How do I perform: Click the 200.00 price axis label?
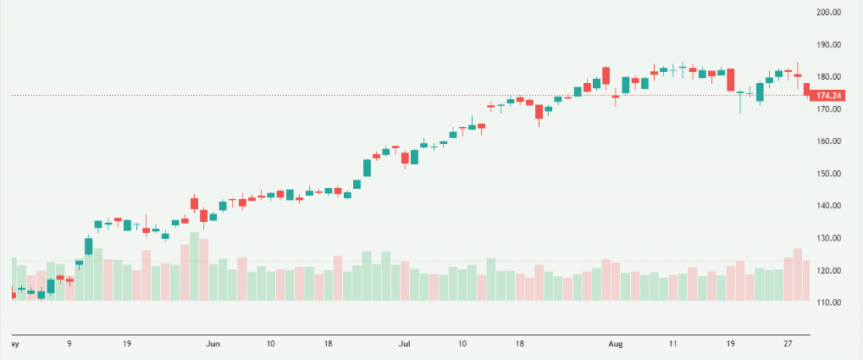(827, 13)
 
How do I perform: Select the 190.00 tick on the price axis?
(827, 45)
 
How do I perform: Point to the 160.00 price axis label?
(827, 141)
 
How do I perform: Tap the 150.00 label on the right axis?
(827, 174)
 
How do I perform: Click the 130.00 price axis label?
(827, 238)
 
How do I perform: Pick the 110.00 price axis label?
(827, 302)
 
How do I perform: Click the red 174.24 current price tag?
(827, 97)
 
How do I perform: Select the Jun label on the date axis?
(213, 344)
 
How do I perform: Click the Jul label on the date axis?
(405, 344)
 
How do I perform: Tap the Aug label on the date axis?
(616, 344)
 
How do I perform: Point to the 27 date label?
(788, 344)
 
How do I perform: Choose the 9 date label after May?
(69, 344)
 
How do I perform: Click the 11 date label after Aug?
(673, 344)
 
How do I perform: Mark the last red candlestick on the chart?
(807, 89)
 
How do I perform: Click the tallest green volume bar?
(194, 267)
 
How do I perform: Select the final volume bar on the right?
(807, 280)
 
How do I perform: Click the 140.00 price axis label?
(827, 206)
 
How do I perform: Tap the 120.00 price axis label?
(827, 270)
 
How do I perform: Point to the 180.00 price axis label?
(827, 77)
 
